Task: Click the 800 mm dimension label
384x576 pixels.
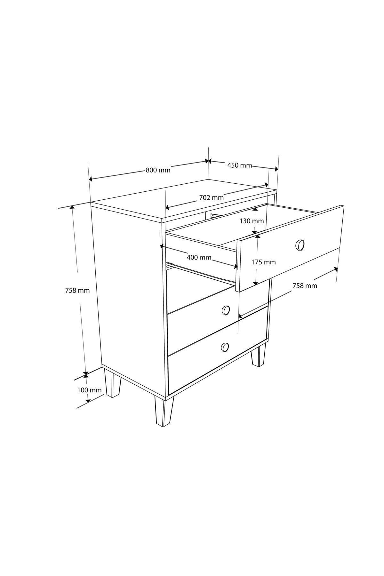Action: (x=158, y=170)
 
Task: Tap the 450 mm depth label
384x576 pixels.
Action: (x=240, y=165)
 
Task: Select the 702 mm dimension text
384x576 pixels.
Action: (x=211, y=197)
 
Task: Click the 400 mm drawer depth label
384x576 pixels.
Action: (x=199, y=257)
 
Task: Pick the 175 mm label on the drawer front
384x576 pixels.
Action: (x=263, y=262)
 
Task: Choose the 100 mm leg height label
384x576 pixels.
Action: (x=89, y=390)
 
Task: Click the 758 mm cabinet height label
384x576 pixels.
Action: (x=77, y=291)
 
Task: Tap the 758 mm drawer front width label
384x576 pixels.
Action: (x=305, y=286)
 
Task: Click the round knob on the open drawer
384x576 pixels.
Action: (x=300, y=245)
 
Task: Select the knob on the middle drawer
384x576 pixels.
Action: (x=226, y=310)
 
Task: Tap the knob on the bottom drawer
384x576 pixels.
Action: (x=225, y=347)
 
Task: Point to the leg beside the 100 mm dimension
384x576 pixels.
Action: (x=113, y=383)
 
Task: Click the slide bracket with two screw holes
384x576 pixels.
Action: (x=215, y=215)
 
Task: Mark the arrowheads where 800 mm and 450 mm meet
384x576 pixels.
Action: (x=208, y=161)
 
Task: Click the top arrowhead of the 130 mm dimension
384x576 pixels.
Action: (x=255, y=211)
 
